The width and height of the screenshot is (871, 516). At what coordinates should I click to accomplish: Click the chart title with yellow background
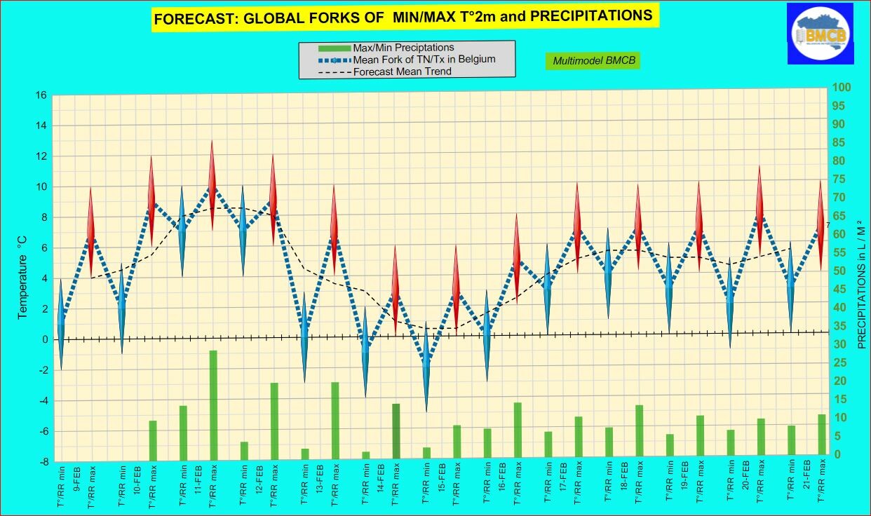403,17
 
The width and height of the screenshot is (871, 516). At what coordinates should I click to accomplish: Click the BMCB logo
820,33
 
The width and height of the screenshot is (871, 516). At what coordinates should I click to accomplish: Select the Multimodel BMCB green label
594,61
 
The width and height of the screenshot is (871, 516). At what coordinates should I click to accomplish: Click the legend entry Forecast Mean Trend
402,72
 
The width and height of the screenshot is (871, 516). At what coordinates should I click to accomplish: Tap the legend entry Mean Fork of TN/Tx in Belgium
424,60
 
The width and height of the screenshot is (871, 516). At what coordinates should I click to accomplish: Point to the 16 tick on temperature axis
43,95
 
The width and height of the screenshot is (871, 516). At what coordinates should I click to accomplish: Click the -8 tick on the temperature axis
43,461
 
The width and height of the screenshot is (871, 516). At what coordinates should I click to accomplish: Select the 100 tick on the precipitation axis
842,88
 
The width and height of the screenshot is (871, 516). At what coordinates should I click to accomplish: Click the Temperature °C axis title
22,277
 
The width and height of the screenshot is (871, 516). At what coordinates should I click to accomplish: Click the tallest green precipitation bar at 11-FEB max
213,405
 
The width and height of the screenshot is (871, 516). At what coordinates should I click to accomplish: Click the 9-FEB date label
76,477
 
